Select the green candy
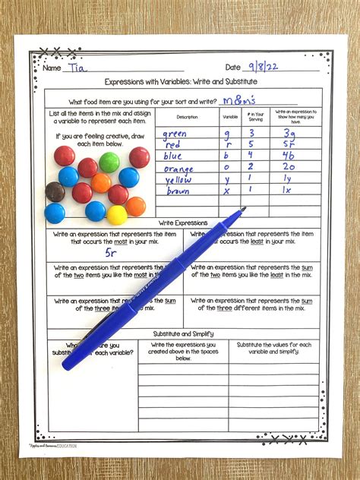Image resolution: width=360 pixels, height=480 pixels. click(109, 161)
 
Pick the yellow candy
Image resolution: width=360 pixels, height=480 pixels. click(116, 215)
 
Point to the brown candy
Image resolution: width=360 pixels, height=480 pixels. click(55, 191)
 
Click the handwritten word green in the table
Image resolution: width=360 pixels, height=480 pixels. click(175, 134)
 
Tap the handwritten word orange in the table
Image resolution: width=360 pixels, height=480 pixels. click(178, 169)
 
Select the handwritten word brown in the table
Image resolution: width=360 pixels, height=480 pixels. click(178, 191)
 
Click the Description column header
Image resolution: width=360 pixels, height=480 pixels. click(187, 117)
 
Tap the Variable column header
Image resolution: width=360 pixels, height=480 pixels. click(230, 117)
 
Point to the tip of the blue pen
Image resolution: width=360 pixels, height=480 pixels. click(243, 210)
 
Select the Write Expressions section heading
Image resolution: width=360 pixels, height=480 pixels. click(182, 223)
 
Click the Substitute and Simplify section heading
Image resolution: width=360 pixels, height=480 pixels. click(182, 333)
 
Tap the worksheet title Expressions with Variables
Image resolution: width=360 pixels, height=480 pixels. click(182, 82)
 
